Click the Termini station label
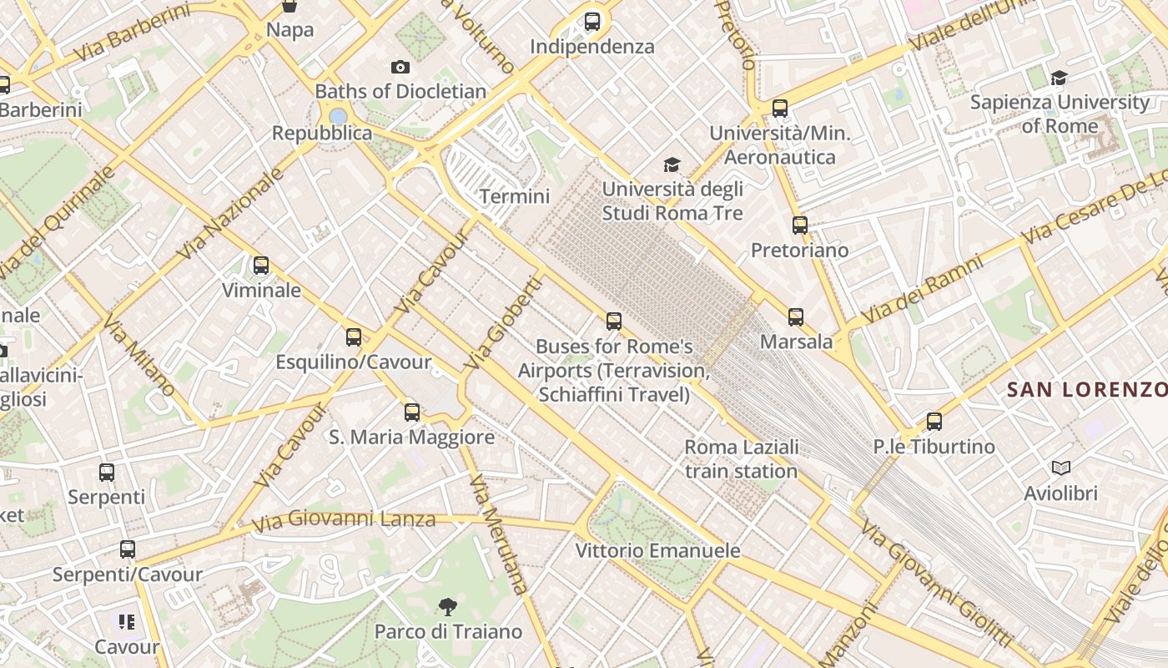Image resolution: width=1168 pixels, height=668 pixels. click(515, 196)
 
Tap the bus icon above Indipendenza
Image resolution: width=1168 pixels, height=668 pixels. click(592, 22)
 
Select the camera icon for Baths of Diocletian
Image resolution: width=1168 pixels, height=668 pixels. click(400, 67)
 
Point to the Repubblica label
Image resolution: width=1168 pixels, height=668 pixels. click(322, 133)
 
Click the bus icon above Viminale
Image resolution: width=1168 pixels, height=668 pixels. click(261, 266)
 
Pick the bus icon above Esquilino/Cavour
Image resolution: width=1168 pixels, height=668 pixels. click(354, 337)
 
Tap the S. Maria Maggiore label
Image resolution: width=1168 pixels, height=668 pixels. click(411, 437)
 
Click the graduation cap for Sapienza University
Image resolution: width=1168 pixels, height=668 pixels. click(1059, 78)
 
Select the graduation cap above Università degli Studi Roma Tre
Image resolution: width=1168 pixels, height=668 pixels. click(672, 164)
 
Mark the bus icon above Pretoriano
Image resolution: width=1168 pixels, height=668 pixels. click(799, 225)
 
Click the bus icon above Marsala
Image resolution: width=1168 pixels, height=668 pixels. click(796, 316)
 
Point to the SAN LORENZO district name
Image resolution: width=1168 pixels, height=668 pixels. click(1086, 389)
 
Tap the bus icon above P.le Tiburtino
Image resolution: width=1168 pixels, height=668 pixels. click(934, 422)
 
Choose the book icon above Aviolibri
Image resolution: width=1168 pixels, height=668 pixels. click(1061, 468)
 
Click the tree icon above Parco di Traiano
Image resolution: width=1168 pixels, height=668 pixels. click(448, 606)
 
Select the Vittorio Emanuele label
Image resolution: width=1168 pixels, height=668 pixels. click(657, 550)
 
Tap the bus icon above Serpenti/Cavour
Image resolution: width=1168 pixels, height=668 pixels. click(127, 549)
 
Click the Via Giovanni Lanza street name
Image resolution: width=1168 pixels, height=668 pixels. click(344, 520)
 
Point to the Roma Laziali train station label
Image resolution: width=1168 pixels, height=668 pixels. click(742, 458)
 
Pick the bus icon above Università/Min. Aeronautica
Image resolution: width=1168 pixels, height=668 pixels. click(780, 109)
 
